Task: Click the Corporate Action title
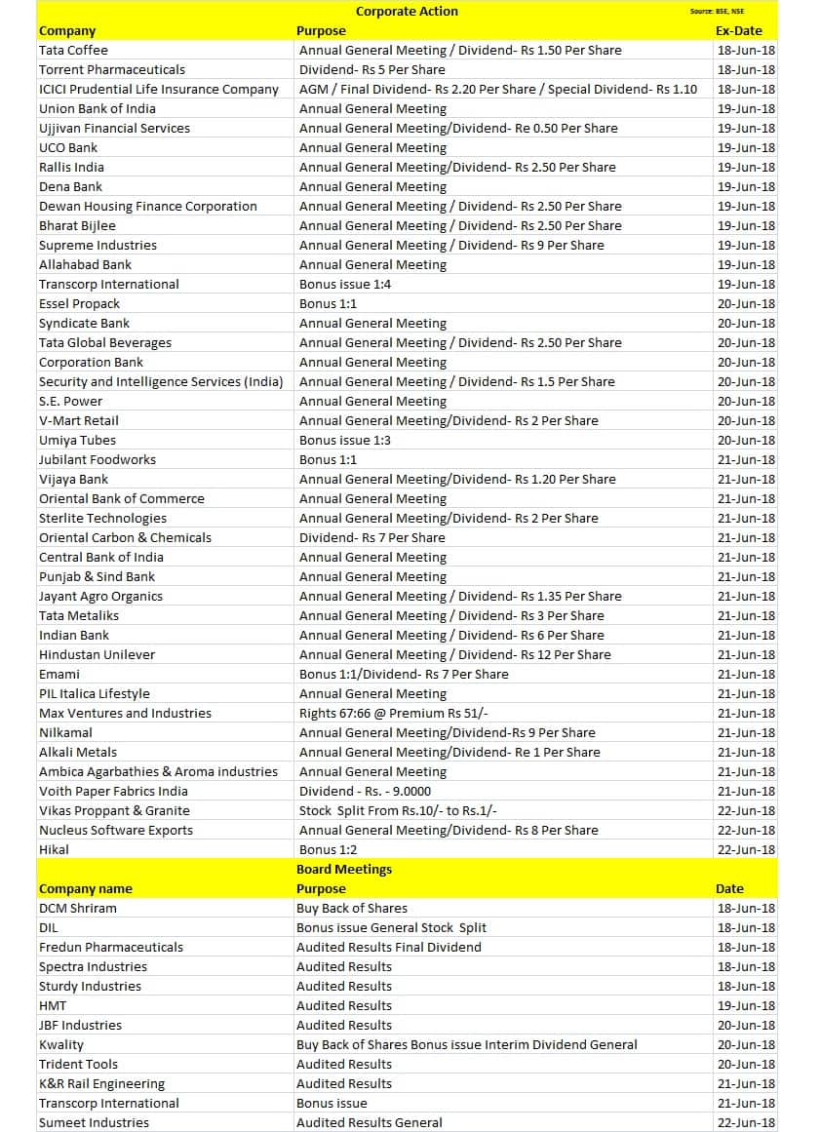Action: click(407, 12)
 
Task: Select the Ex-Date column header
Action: click(738, 31)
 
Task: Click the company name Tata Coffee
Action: click(73, 51)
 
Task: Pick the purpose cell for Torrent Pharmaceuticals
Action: click(371, 70)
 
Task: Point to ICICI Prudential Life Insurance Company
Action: click(159, 90)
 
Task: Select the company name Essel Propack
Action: click(79, 304)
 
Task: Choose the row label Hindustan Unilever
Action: click(97, 655)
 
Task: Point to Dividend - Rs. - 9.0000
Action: click(365, 792)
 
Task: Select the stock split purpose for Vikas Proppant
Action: click(399, 811)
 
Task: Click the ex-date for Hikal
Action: click(746, 850)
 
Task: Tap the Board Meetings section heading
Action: click(344, 870)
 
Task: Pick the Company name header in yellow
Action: click(86, 889)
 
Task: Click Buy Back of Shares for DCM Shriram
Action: click(352, 909)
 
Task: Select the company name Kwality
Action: click(61, 1045)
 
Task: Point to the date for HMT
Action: click(746, 1006)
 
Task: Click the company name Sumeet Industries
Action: click(94, 1123)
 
